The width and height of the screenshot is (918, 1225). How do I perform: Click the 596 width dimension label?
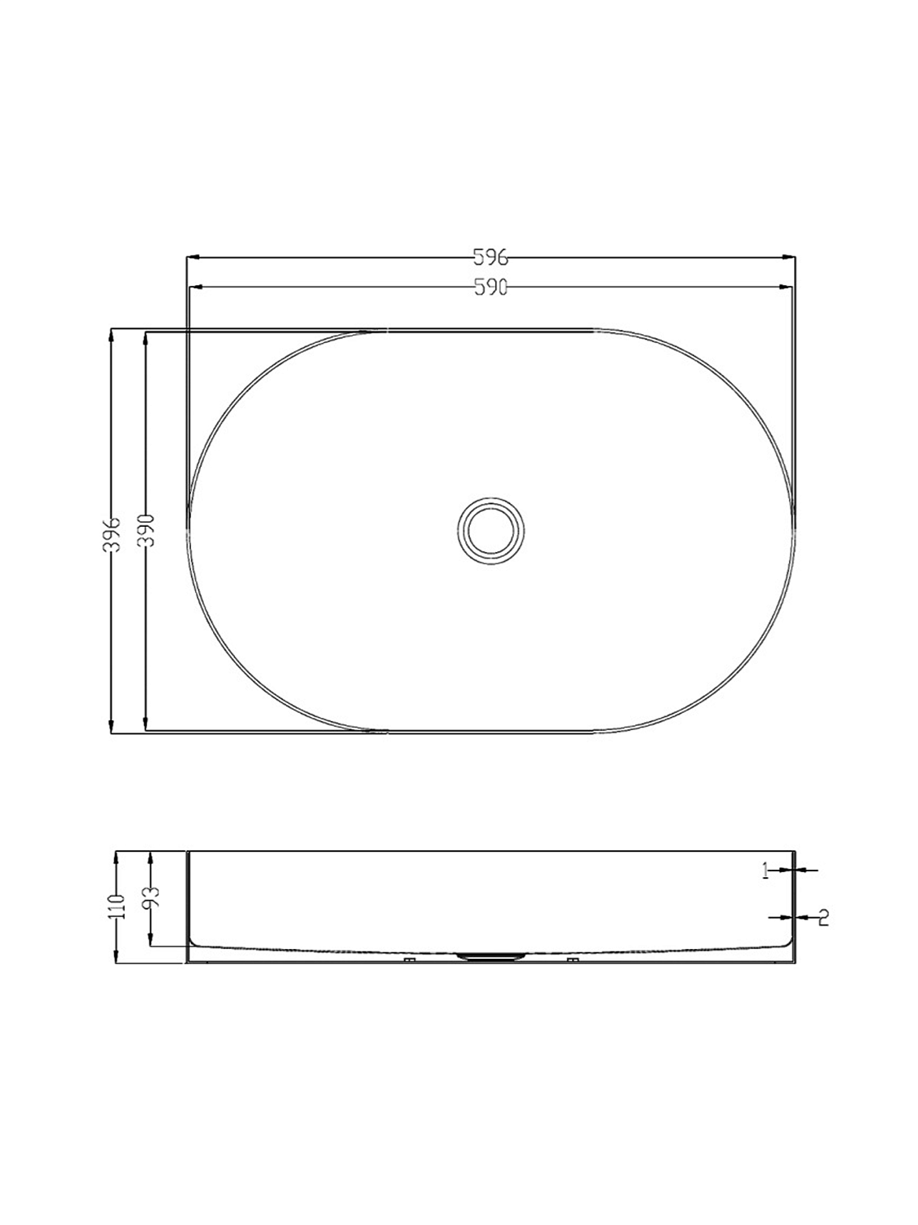490,258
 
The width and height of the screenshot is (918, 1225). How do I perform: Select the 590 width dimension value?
490,287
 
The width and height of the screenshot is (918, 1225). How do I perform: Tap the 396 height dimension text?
114,533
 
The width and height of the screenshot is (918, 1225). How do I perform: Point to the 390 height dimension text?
149,533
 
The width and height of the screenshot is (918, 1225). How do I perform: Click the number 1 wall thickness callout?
765,871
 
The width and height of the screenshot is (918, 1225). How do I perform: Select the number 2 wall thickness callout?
823,917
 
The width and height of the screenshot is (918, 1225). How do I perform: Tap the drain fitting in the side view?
490,955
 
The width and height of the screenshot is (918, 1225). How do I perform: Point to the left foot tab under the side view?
410,960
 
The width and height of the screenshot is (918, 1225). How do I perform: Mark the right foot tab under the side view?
573,960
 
